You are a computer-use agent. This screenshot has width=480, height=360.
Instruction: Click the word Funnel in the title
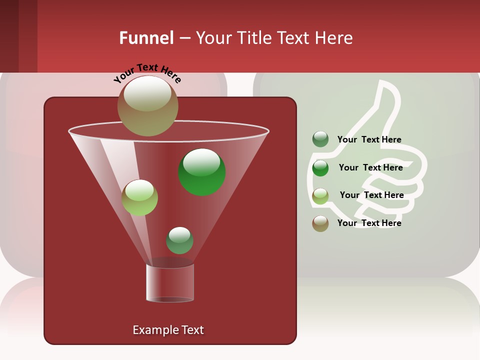[x=146, y=37]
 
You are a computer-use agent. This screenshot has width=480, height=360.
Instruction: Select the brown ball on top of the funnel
[x=148, y=105]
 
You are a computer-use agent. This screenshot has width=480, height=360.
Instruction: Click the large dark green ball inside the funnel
[x=202, y=172]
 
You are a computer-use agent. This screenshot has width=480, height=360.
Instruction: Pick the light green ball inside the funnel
[x=139, y=197]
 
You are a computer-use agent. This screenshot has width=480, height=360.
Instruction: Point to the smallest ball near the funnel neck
[x=179, y=240]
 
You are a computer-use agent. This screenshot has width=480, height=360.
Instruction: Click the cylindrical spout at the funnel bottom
[x=170, y=283]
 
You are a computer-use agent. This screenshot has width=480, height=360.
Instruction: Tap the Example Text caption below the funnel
[x=168, y=330]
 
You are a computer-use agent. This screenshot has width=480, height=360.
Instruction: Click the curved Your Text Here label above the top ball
[x=147, y=72]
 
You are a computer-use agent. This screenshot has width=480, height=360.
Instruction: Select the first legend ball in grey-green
[x=320, y=139]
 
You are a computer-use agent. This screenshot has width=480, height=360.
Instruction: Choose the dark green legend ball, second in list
[x=320, y=167]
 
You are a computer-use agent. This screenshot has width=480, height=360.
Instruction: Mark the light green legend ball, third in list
[x=320, y=195]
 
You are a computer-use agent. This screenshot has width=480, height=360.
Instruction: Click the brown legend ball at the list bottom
[x=320, y=223]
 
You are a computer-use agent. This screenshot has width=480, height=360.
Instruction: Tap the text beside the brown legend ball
[x=369, y=223]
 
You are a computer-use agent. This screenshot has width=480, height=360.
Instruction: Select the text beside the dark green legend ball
[x=370, y=167]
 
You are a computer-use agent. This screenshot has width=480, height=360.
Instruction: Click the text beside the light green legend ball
[x=371, y=195]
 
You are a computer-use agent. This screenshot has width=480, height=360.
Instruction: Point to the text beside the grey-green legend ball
[x=369, y=139]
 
